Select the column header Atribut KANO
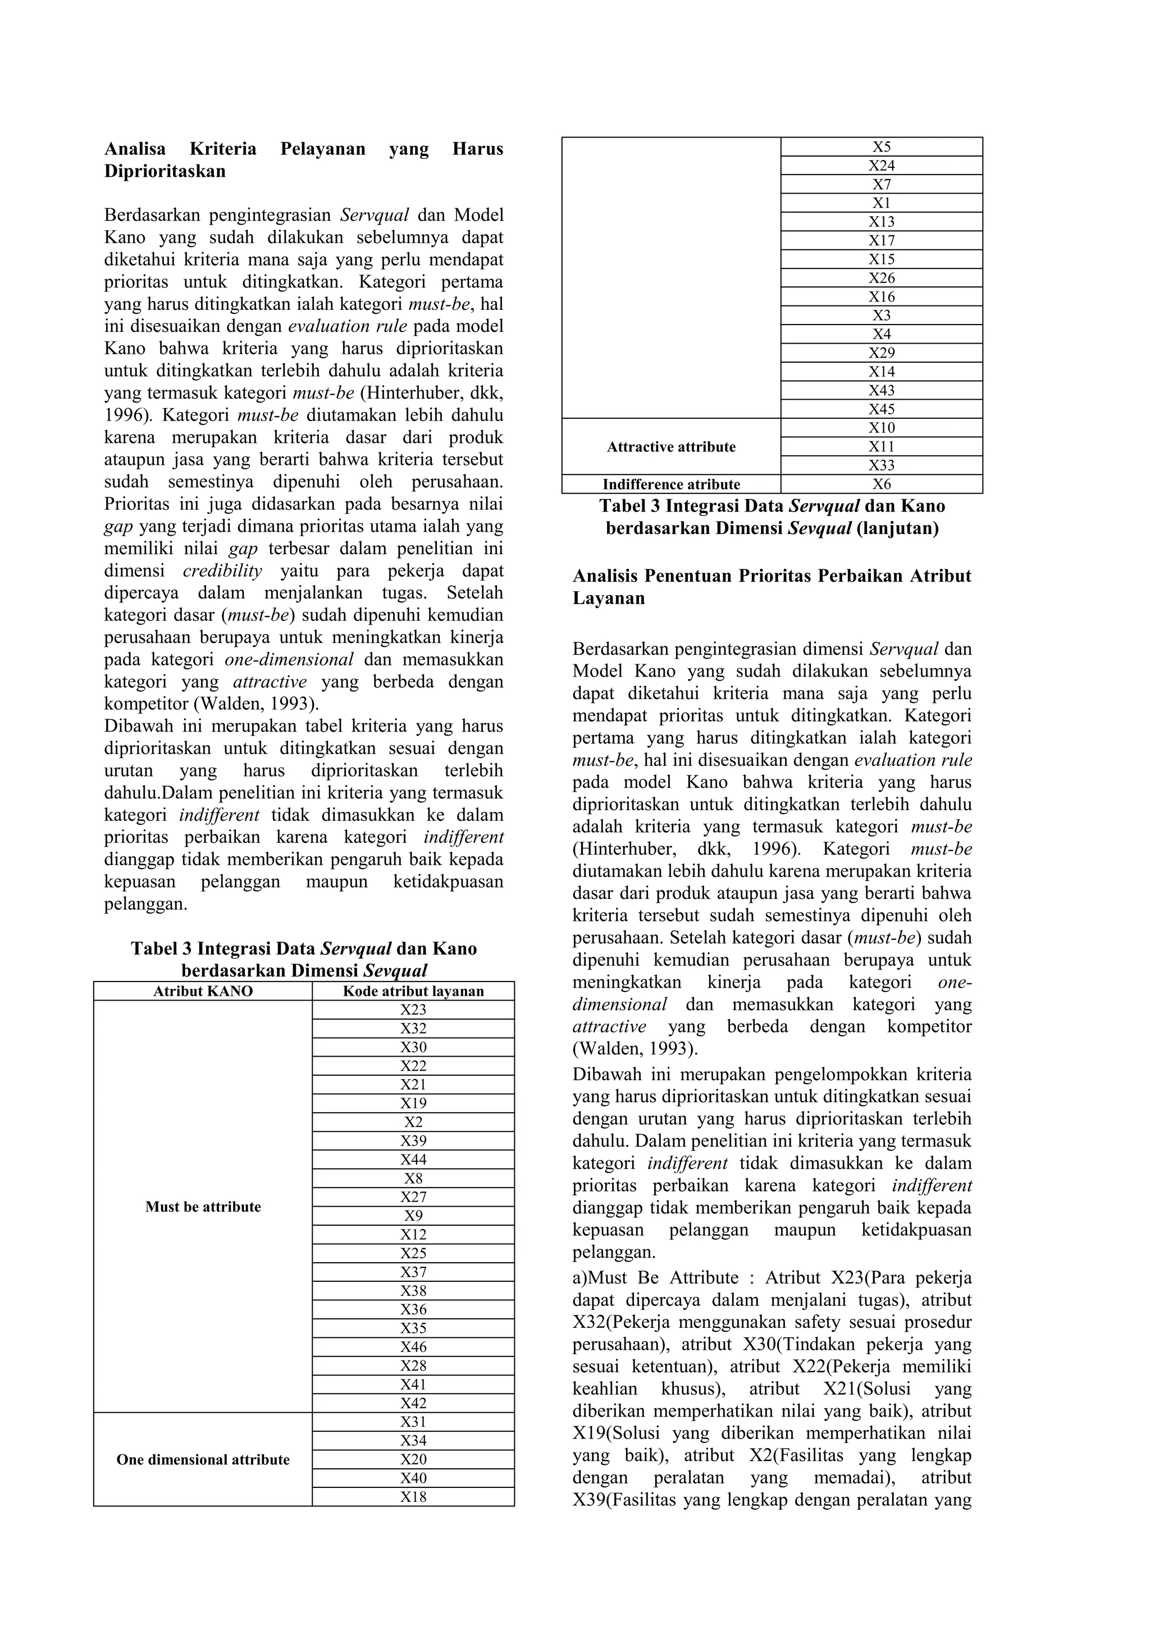coord(203,991)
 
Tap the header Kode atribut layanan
coord(413,991)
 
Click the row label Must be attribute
coord(203,1207)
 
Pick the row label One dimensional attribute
coord(203,1460)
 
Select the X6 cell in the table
coord(881,485)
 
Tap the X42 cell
coord(413,1403)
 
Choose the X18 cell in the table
coord(413,1496)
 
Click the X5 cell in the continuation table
coord(881,147)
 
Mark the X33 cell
coord(881,465)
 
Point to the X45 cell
coord(881,409)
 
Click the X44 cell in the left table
coord(413,1159)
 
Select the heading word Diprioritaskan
coord(165,171)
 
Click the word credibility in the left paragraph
coord(222,571)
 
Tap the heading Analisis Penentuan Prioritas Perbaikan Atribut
coord(772,576)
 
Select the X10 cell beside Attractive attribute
coord(881,428)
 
